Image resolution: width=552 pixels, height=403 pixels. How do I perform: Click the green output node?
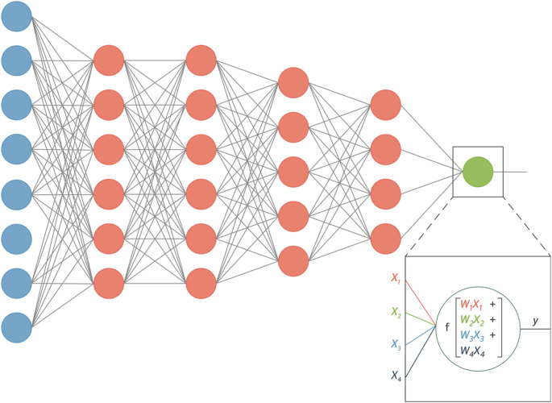[x=478, y=171]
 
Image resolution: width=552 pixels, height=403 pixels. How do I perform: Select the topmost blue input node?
[x=16, y=16]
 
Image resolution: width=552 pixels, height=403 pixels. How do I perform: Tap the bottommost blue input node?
[x=16, y=327]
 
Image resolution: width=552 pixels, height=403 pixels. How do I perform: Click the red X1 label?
[x=396, y=278]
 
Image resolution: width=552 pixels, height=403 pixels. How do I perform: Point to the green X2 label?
[x=396, y=311]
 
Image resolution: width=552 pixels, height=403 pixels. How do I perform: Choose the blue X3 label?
[x=396, y=344]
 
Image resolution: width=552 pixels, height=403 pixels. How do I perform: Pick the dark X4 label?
[x=396, y=376]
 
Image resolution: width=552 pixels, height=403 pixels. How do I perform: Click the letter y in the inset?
[x=534, y=321]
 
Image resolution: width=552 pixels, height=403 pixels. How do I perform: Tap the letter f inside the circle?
[x=447, y=328]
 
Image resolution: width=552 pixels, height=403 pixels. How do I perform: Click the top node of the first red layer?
[x=109, y=60]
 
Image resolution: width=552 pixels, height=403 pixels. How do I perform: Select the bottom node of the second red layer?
[x=201, y=283]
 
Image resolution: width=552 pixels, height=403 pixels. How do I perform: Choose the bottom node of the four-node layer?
[x=386, y=238]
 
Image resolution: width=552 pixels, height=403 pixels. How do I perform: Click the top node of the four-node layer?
[x=386, y=105]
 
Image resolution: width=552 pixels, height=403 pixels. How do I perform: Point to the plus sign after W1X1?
[x=492, y=305]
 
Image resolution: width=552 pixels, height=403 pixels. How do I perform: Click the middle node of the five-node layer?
[x=293, y=172]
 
